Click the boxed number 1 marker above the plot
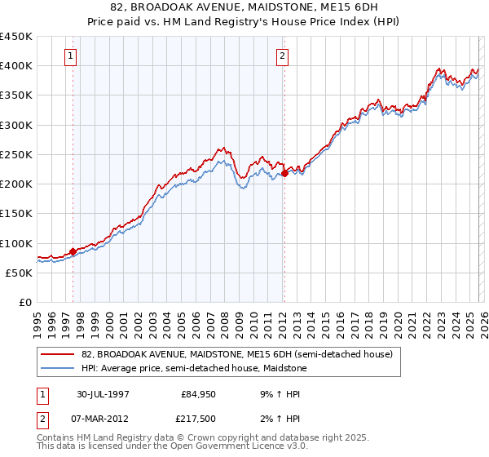[71, 56]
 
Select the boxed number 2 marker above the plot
[282, 56]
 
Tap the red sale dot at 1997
[73, 251]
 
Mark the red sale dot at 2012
[285, 173]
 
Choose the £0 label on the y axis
[24, 303]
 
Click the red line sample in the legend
[57, 354]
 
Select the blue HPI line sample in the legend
[57, 367]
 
